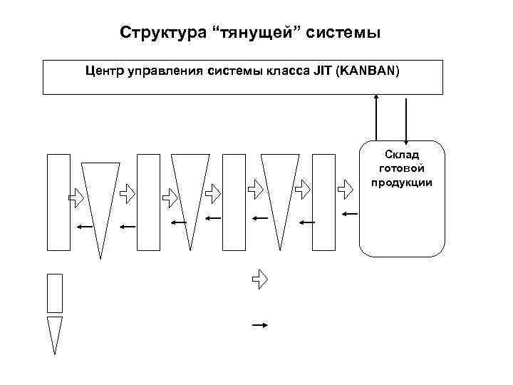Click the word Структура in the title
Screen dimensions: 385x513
coord(159,33)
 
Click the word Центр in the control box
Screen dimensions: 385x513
coord(105,71)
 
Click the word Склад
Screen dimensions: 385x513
coord(402,155)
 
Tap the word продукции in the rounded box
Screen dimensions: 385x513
coord(402,182)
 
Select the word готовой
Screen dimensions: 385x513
coord(402,168)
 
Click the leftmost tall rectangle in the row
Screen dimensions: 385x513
coord(58,202)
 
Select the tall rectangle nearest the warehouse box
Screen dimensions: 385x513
coord(323,202)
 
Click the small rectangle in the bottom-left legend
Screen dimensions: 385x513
coord(54,293)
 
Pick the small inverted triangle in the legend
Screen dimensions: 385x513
coord(54,332)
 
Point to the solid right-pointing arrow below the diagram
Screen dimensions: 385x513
coord(259,325)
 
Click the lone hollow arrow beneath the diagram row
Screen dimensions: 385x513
coord(259,279)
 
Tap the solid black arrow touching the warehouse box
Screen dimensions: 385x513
coord(350,213)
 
